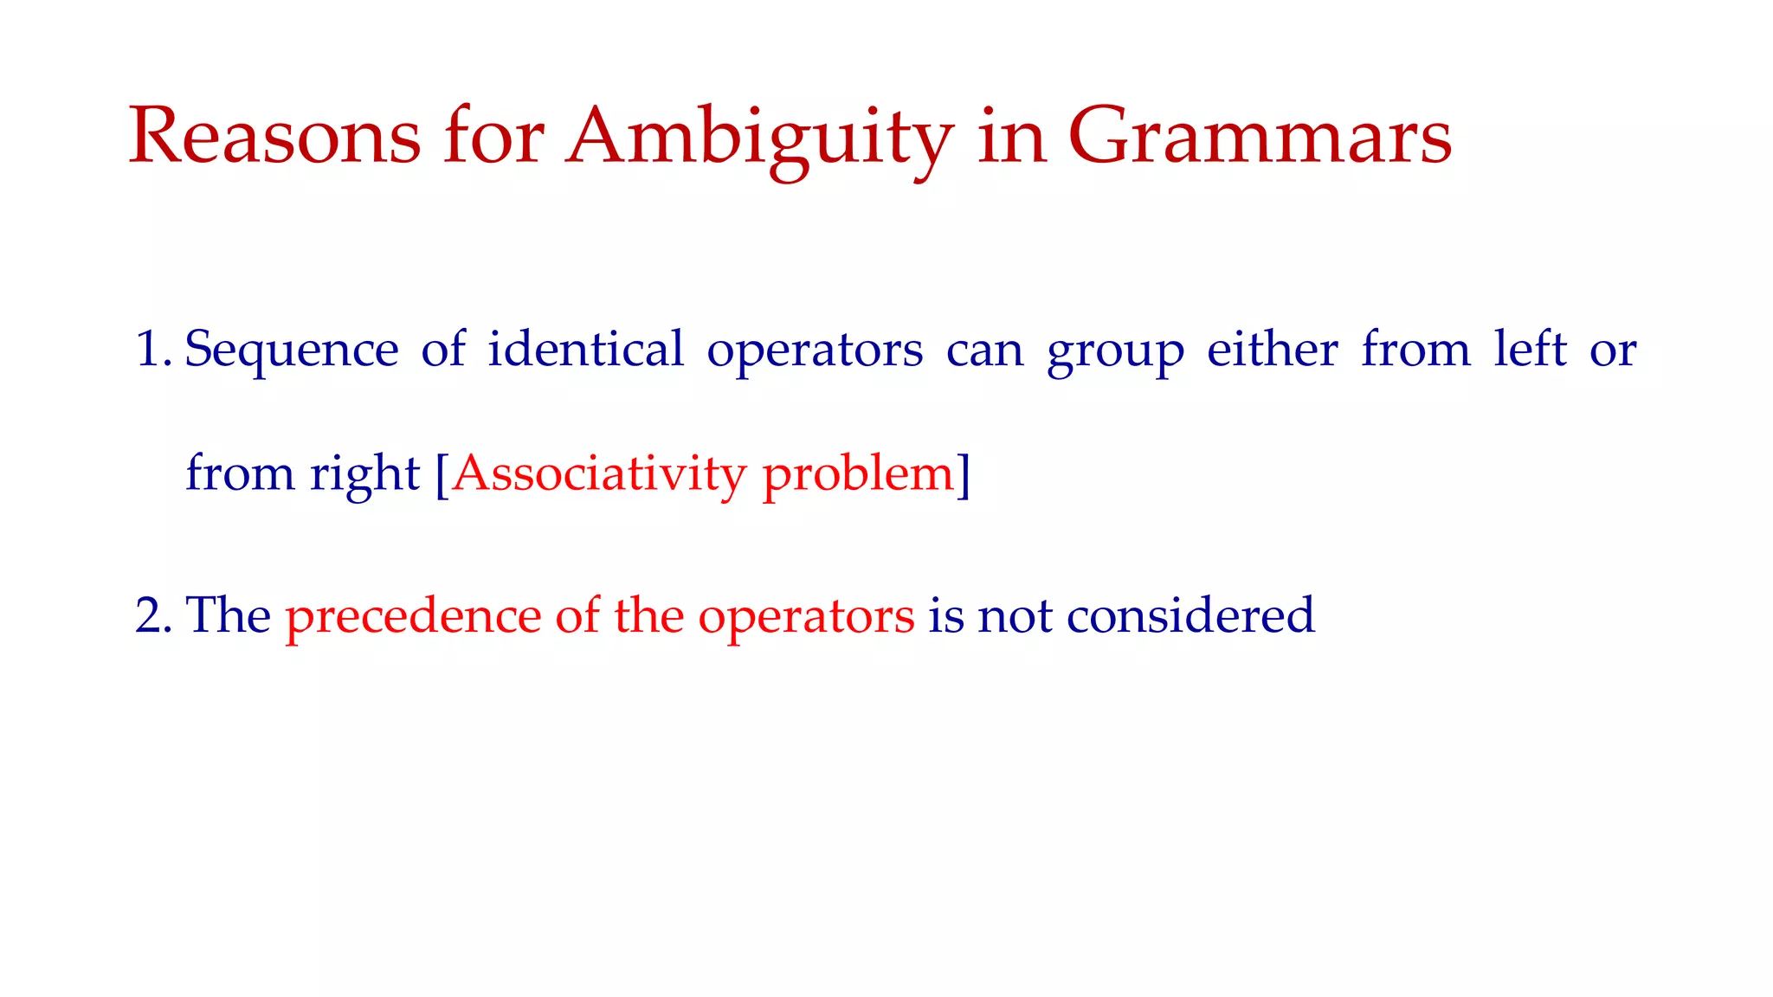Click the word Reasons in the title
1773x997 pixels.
[275, 136]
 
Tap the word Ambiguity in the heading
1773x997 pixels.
[759, 138]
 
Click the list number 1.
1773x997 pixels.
[152, 351]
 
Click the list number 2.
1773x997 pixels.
[152, 616]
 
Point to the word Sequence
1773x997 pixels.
[292, 352]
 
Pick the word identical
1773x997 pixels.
[585, 350]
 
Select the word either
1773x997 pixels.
[1272, 350]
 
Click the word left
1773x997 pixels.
[1530, 350]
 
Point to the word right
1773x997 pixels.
[364, 476]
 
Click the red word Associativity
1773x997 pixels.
[598, 474]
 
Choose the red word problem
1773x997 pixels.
[857, 476]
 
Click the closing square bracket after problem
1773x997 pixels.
[964, 474]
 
